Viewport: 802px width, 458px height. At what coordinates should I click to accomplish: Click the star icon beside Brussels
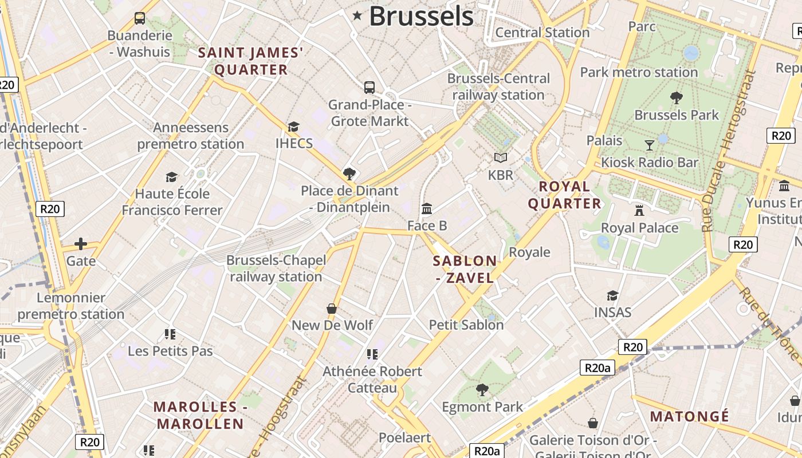coord(357,16)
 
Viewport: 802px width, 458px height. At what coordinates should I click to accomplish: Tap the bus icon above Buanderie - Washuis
coord(140,18)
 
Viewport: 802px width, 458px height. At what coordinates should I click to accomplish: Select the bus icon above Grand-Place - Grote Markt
coord(369,88)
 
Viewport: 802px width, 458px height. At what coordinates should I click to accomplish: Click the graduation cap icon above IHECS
coord(294,127)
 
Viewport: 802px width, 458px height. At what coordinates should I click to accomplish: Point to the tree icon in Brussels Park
coord(677,98)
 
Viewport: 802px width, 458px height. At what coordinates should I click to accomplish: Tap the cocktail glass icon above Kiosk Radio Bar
coord(650,145)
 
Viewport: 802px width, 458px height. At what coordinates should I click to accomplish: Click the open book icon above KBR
coord(501,157)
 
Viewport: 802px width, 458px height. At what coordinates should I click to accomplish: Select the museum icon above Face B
coord(427,209)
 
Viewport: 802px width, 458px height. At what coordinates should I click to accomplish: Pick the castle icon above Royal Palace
coord(639,211)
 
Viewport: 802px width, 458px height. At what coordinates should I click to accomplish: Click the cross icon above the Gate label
coord(81,244)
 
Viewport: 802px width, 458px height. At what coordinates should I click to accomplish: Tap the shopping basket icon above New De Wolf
coord(332,309)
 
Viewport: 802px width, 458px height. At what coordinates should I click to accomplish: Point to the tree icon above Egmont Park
coord(482,390)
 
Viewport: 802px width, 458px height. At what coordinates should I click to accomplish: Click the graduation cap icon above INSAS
coord(612,295)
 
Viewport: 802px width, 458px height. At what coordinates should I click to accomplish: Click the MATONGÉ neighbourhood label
coord(690,416)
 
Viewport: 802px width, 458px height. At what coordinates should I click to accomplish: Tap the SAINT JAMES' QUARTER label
coord(250,61)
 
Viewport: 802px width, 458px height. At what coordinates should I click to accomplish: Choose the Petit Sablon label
coord(466,325)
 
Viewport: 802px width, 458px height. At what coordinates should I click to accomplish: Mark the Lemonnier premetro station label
coord(71,306)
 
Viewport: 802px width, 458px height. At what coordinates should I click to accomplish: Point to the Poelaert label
coord(404,437)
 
